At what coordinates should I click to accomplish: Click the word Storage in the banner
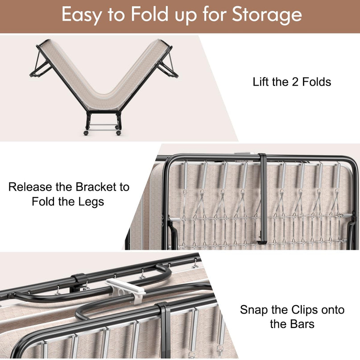pos(267,15)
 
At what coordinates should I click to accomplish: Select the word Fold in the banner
pos(150,14)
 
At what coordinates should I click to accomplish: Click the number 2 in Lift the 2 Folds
pos(294,82)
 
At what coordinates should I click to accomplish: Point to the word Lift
pos(261,82)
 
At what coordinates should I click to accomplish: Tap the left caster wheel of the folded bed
pos(86,132)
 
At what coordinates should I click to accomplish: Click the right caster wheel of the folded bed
pos(119,132)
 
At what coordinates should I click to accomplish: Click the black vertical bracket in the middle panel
pos(263,198)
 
